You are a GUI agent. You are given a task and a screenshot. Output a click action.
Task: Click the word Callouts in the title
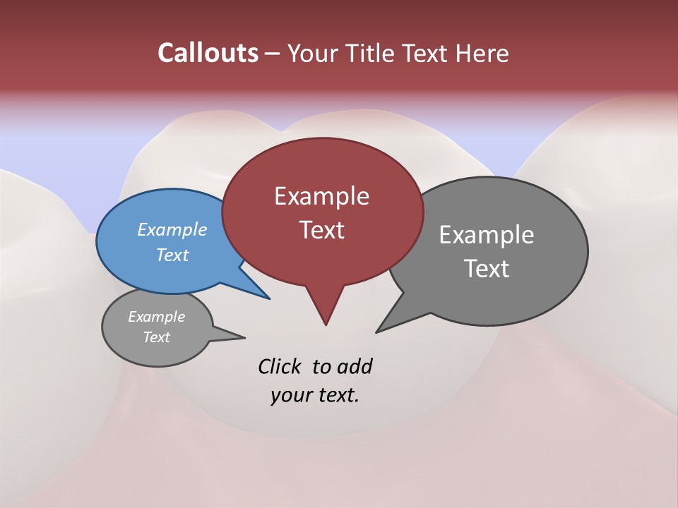pos(208,53)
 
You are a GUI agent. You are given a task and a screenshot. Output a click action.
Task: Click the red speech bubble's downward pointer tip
pos(326,325)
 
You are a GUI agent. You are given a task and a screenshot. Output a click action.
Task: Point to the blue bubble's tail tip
pos(270,298)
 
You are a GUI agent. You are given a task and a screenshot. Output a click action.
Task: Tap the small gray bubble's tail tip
pos(244,337)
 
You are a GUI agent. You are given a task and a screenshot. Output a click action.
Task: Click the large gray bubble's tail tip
pos(376,332)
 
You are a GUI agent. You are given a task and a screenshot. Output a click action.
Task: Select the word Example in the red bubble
pos(321,196)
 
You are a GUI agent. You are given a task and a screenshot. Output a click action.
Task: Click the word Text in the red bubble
pos(321,230)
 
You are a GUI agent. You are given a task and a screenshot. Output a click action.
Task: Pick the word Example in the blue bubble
pos(172,229)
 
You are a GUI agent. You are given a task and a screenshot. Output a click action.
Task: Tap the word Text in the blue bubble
pos(172,255)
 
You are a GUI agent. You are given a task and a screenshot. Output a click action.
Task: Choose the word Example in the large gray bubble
pos(487,235)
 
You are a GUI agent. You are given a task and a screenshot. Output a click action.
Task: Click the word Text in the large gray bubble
pos(487,269)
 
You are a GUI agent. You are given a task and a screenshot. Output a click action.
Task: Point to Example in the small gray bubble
pos(156,317)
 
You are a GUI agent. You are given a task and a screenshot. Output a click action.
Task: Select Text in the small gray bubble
pos(156,337)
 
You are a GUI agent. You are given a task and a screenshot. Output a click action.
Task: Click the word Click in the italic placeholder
pos(280,366)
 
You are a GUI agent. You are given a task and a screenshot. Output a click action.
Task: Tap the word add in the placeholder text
pos(355,366)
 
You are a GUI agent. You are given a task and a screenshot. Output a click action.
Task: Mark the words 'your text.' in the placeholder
pos(315,395)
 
